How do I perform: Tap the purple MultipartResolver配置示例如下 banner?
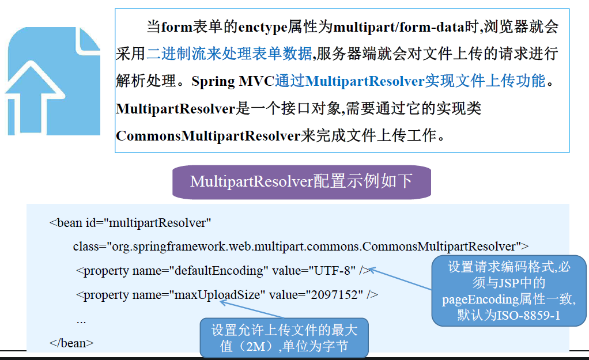[x=301, y=181]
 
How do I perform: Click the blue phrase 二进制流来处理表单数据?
[x=229, y=54]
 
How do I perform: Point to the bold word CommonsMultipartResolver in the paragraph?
[x=208, y=136]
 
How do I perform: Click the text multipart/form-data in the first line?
[x=399, y=27]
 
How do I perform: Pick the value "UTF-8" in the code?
[x=331, y=270]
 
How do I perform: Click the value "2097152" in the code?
[x=337, y=295]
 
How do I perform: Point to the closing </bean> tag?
[x=71, y=343]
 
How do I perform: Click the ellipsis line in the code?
[x=81, y=319]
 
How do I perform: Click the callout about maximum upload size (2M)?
[x=284, y=338]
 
